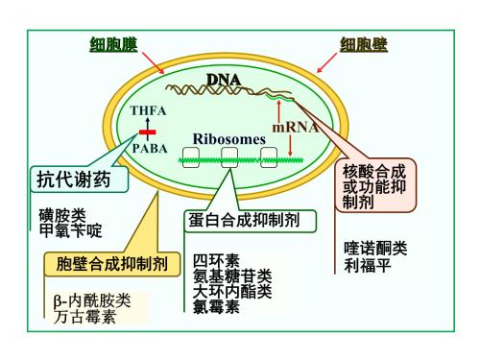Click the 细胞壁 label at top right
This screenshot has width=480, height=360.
click(x=368, y=44)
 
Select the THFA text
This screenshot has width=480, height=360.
click(x=149, y=111)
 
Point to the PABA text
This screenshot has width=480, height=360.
click(x=149, y=149)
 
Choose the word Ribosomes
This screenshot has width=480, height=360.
click(x=228, y=139)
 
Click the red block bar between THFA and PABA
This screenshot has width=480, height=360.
click(x=149, y=130)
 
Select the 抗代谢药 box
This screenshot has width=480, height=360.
click(x=75, y=180)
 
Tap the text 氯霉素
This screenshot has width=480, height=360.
click(x=217, y=306)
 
